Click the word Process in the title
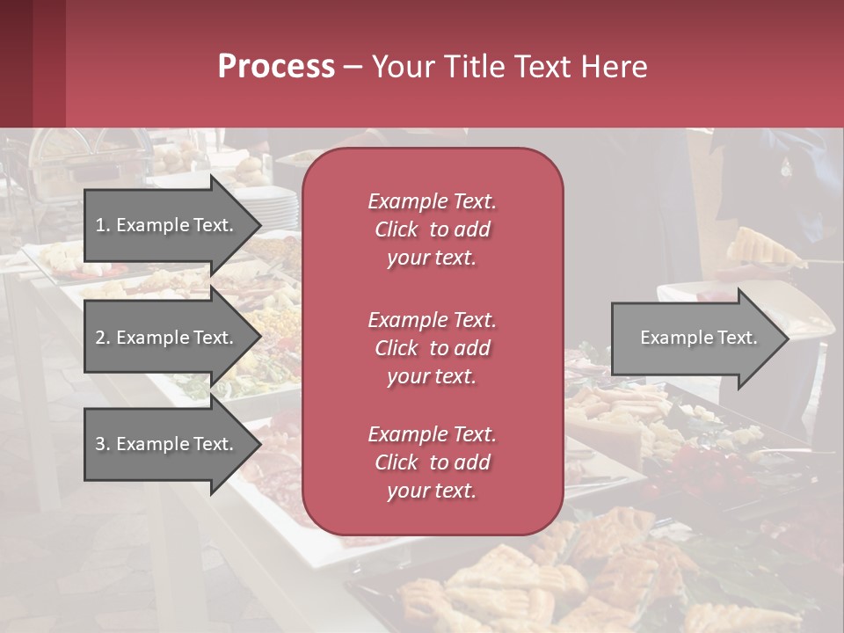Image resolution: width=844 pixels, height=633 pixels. point(276,67)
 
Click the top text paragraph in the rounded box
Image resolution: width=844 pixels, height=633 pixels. point(432,229)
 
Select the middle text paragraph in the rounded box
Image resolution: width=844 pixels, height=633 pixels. point(432,348)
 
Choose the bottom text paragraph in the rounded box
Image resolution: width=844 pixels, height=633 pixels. point(432,462)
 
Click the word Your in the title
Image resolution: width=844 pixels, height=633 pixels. point(401,67)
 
